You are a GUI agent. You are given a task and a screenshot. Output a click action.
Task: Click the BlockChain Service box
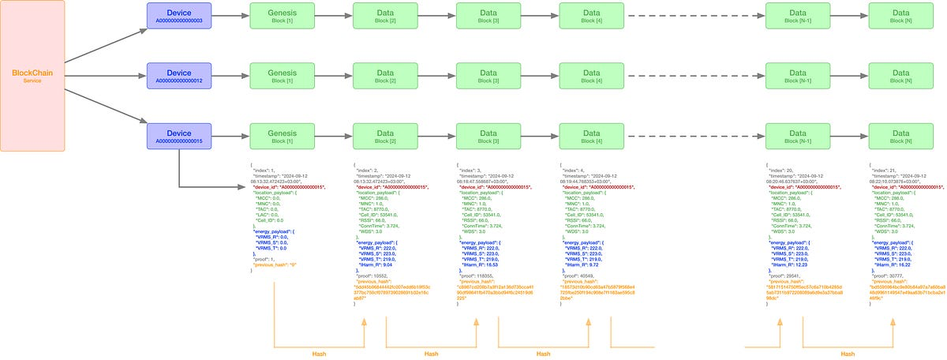tap(32, 77)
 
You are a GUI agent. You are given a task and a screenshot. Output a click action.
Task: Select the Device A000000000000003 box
tap(178, 16)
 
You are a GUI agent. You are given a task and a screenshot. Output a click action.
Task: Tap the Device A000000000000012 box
tap(178, 77)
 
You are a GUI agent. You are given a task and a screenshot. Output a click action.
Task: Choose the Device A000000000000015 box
tap(178, 137)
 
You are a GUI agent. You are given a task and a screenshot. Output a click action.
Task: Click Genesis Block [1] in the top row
tap(282, 16)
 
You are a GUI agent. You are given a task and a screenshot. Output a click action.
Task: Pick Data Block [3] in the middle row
tap(488, 77)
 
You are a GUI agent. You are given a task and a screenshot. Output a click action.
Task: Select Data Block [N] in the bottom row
tap(900, 137)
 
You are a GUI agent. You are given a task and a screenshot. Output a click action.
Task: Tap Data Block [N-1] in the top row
tap(797, 16)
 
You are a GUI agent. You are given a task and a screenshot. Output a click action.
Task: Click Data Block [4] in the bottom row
tap(591, 137)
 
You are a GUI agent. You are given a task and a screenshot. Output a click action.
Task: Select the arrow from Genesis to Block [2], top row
tap(332, 16)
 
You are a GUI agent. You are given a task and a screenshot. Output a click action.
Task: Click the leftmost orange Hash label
tap(319, 354)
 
